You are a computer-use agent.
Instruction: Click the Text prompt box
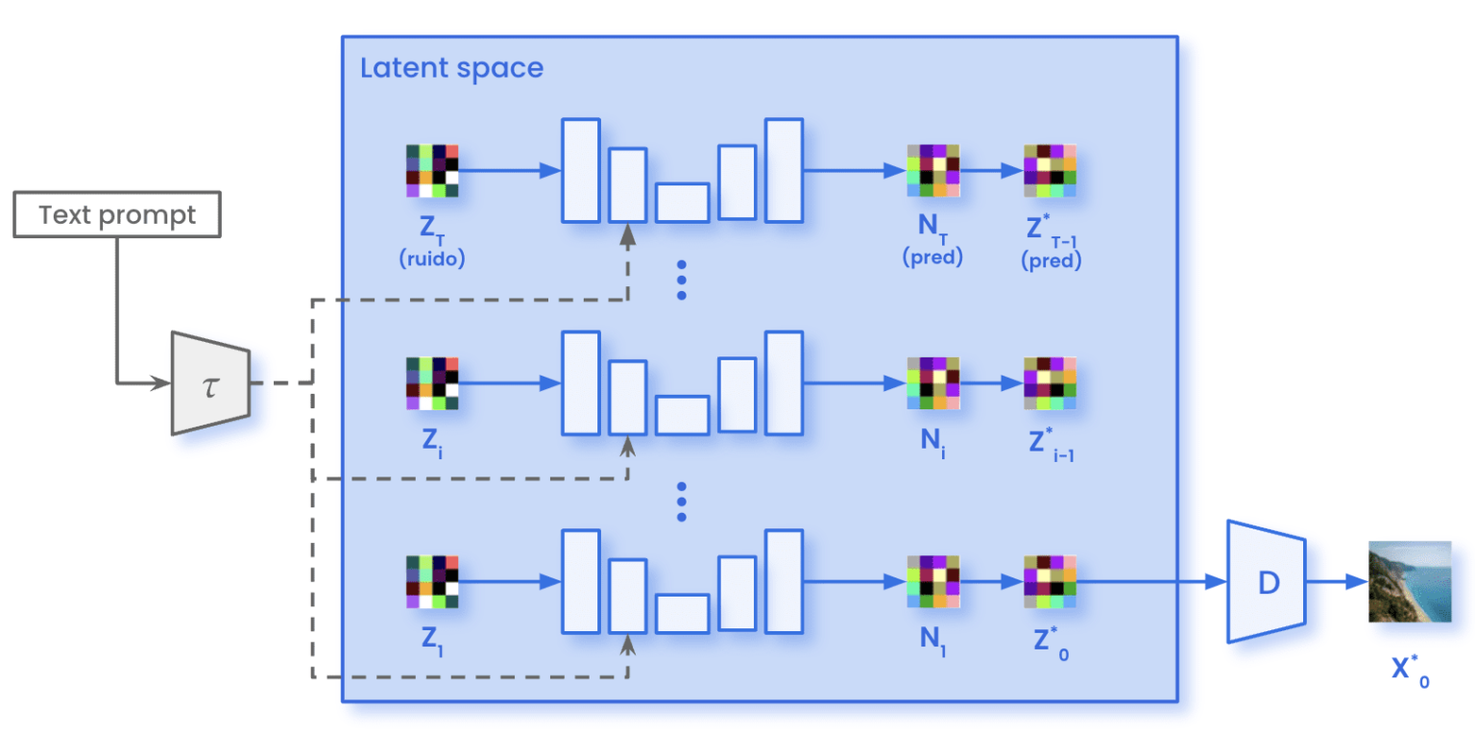(x=117, y=214)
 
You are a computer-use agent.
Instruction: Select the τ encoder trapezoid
(x=210, y=382)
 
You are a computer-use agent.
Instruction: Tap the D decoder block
(x=1266, y=582)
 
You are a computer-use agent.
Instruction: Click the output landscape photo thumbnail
(x=1409, y=582)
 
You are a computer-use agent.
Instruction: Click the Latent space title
(x=451, y=69)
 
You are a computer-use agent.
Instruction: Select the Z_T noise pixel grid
(x=432, y=171)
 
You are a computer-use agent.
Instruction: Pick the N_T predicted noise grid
(x=932, y=171)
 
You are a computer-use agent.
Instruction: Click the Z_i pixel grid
(x=432, y=383)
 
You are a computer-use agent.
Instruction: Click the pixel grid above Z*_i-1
(x=1050, y=383)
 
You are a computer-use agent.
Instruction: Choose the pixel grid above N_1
(x=932, y=582)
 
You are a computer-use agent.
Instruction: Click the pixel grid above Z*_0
(x=1050, y=582)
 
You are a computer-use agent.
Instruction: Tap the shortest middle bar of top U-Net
(x=682, y=202)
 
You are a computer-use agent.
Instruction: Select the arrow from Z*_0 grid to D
(x=1152, y=582)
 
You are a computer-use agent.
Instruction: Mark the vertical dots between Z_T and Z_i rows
(x=682, y=280)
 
